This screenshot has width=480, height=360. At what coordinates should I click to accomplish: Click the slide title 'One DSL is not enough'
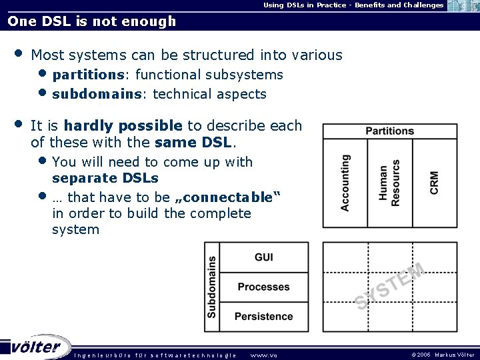[92, 21]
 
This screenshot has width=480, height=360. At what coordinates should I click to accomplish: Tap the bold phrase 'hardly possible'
[123, 125]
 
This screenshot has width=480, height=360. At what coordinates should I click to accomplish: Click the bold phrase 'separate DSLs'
[105, 178]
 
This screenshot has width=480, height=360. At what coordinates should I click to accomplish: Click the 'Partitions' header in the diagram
[389, 131]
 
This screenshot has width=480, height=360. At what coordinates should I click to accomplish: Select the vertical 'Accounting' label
[345, 183]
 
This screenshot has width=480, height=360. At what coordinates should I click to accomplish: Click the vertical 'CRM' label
[434, 183]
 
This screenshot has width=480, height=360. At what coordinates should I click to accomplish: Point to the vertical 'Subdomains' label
[212, 287]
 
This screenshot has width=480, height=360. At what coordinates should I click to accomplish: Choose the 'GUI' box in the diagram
[263, 257]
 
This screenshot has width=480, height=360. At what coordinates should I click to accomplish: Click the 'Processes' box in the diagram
[263, 287]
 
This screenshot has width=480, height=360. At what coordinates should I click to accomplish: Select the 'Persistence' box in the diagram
[263, 316]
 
